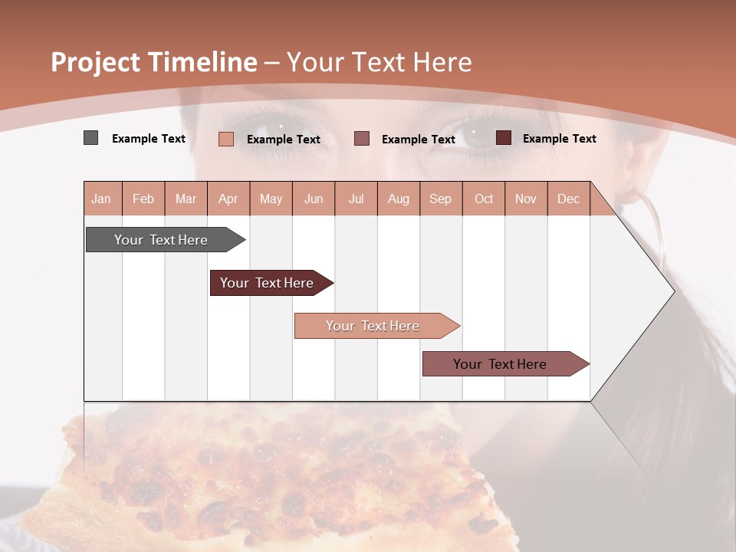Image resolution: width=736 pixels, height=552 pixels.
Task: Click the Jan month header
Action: click(101, 199)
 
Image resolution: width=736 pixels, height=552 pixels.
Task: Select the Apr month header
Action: click(228, 199)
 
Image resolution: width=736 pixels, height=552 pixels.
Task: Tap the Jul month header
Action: click(356, 199)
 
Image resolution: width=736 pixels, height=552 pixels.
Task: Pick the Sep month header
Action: click(440, 199)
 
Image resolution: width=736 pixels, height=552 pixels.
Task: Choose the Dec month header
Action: click(568, 199)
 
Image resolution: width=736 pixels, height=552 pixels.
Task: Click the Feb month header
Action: click(143, 199)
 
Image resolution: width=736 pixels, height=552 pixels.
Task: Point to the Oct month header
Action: click(484, 199)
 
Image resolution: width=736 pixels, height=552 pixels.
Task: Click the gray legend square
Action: click(91, 138)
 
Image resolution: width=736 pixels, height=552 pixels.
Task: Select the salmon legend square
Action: click(226, 139)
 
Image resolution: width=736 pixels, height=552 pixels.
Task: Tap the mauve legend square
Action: click(362, 138)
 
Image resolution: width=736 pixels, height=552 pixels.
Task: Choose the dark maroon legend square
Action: click(504, 138)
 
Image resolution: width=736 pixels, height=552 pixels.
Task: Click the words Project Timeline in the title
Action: click(153, 62)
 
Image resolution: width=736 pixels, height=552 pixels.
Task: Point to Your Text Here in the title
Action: click(379, 62)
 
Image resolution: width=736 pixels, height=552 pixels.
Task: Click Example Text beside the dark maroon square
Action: click(559, 139)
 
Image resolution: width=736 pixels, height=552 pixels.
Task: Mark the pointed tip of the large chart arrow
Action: click(673, 291)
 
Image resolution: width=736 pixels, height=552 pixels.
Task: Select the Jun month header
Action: click(314, 199)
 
